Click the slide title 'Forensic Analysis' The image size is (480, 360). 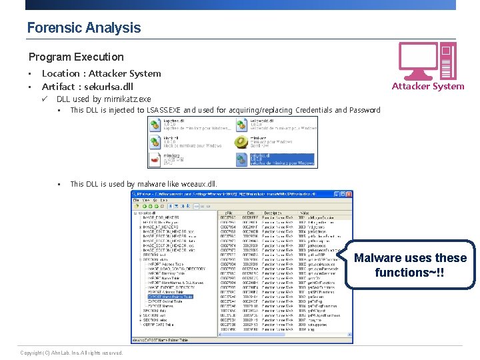pos(83,28)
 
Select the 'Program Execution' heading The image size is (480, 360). pos(76,57)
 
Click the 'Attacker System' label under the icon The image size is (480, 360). pos(427,86)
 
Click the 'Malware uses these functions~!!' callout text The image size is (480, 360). pos(410,265)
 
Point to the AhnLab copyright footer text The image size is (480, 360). pos(71,353)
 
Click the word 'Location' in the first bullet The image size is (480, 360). pos(60,73)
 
